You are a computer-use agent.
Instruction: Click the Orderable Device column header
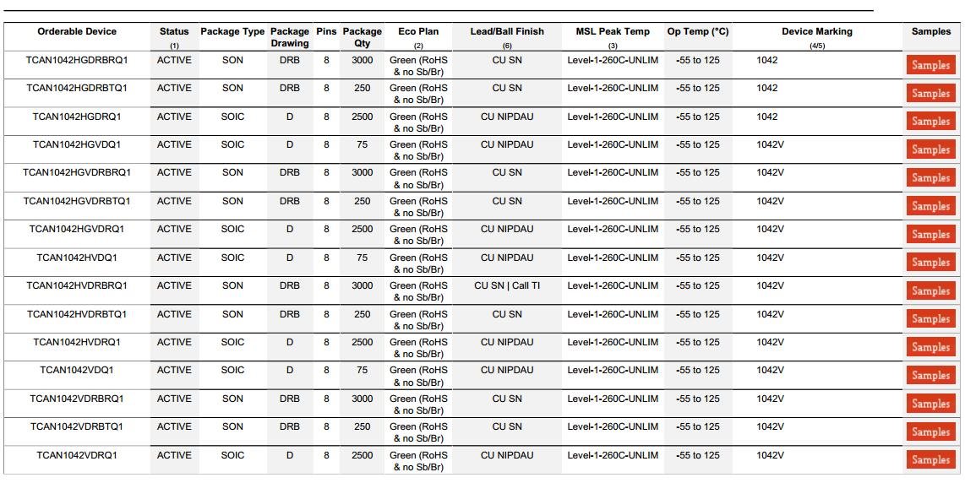click(x=77, y=32)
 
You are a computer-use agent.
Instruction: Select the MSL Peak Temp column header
click(x=613, y=32)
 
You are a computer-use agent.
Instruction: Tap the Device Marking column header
click(x=816, y=32)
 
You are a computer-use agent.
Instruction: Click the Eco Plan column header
click(x=418, y=32)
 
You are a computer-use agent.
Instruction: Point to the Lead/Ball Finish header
click(x=507, y=32)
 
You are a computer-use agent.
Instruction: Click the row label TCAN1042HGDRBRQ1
click(x=77, y=61)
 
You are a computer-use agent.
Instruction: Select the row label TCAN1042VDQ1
click(x=77, y=371)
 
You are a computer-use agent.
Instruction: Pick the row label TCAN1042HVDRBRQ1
click(x=77, y=286)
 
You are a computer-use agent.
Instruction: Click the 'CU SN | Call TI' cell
click(x=507, y=286)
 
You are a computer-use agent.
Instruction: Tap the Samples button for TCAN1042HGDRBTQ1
click(x=930, y=94)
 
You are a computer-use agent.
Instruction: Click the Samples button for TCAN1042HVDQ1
click(x=930, y=263)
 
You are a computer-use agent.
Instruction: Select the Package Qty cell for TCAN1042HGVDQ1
click(x=363, y=145)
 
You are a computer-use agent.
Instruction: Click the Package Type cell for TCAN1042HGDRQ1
click(x=232, y=117)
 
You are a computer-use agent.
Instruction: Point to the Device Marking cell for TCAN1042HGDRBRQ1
click(x=767, y=61)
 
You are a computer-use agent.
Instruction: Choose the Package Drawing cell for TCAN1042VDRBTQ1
click(x=290, y=427)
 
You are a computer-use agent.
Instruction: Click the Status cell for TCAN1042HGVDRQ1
click(x=174, y=230)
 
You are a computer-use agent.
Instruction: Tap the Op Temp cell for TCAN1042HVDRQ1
click(x=698, y=343)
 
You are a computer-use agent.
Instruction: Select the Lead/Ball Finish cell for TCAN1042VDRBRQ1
click(x=507, y=399)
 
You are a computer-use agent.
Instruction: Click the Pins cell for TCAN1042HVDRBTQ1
click(x=326, y=314)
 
